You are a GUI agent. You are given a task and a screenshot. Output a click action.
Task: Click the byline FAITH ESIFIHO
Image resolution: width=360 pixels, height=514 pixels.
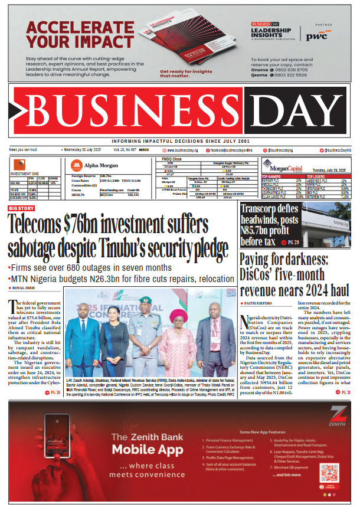pos(259,303)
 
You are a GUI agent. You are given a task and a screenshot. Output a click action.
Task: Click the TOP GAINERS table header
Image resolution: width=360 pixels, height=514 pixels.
pos(254,176)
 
